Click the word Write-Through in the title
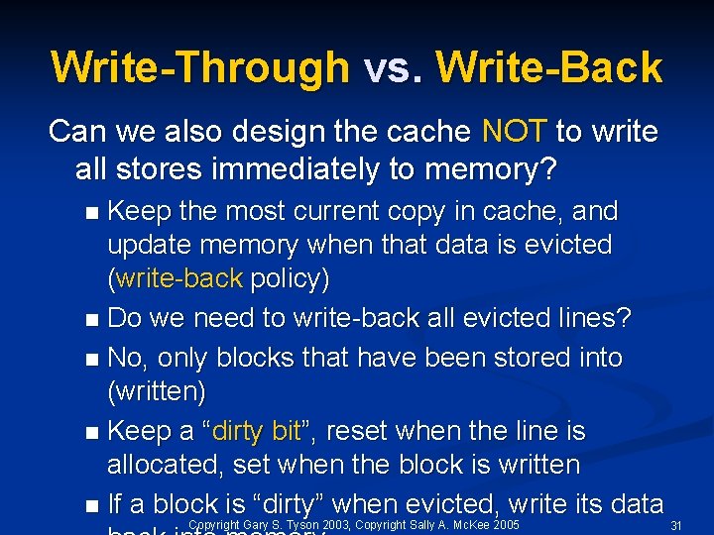click(199, 67)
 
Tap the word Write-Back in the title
click(548, 67)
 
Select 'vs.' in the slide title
click(392, 67)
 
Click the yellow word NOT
click(514, 131)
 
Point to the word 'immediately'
click(324, 169)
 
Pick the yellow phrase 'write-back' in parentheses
click(178, 278)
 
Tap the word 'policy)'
click(290, 278)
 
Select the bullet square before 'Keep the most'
click(91, 213)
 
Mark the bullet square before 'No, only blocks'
click(91, 359)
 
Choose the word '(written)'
click(156, 392)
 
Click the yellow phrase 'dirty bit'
click(257, 432)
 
